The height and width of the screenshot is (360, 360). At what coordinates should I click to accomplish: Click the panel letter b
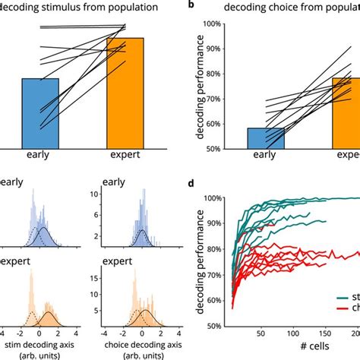194,7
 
